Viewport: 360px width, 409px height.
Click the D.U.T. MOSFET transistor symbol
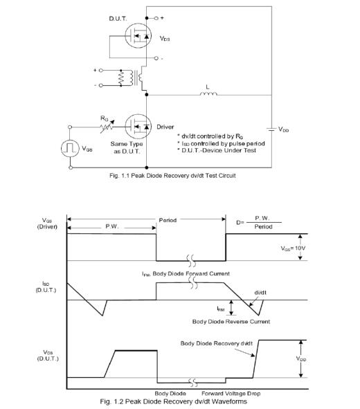(138, 36)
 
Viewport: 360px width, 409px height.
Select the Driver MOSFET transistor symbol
(138, 127)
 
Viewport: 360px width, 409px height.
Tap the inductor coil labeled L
(208, 93)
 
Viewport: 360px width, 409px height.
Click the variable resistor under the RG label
(107, 127)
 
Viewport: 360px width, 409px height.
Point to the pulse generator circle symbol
(70, 148)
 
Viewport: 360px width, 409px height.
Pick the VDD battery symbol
(271, 129)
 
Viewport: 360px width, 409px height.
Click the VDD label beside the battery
(284, 129)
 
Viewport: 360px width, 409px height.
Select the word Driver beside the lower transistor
(165, 127)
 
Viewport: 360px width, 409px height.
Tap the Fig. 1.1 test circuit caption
(172, 176)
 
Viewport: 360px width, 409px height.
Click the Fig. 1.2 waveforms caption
(174, 401)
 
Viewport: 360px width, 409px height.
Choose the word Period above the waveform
(168, 220)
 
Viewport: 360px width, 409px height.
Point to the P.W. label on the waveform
(112, 226)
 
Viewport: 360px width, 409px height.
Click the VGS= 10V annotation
(293, 248)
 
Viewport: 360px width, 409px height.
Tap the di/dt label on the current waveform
(260, 293)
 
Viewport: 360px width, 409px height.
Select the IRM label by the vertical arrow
(221, 309)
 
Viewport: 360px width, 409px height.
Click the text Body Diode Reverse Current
(231, 322)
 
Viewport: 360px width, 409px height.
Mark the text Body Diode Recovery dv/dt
(217, 343)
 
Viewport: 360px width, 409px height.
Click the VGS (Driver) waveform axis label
(47, 224)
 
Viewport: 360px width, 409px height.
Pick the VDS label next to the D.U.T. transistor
(165, 39)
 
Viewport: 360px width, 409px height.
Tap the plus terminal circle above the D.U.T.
(156, 18)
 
